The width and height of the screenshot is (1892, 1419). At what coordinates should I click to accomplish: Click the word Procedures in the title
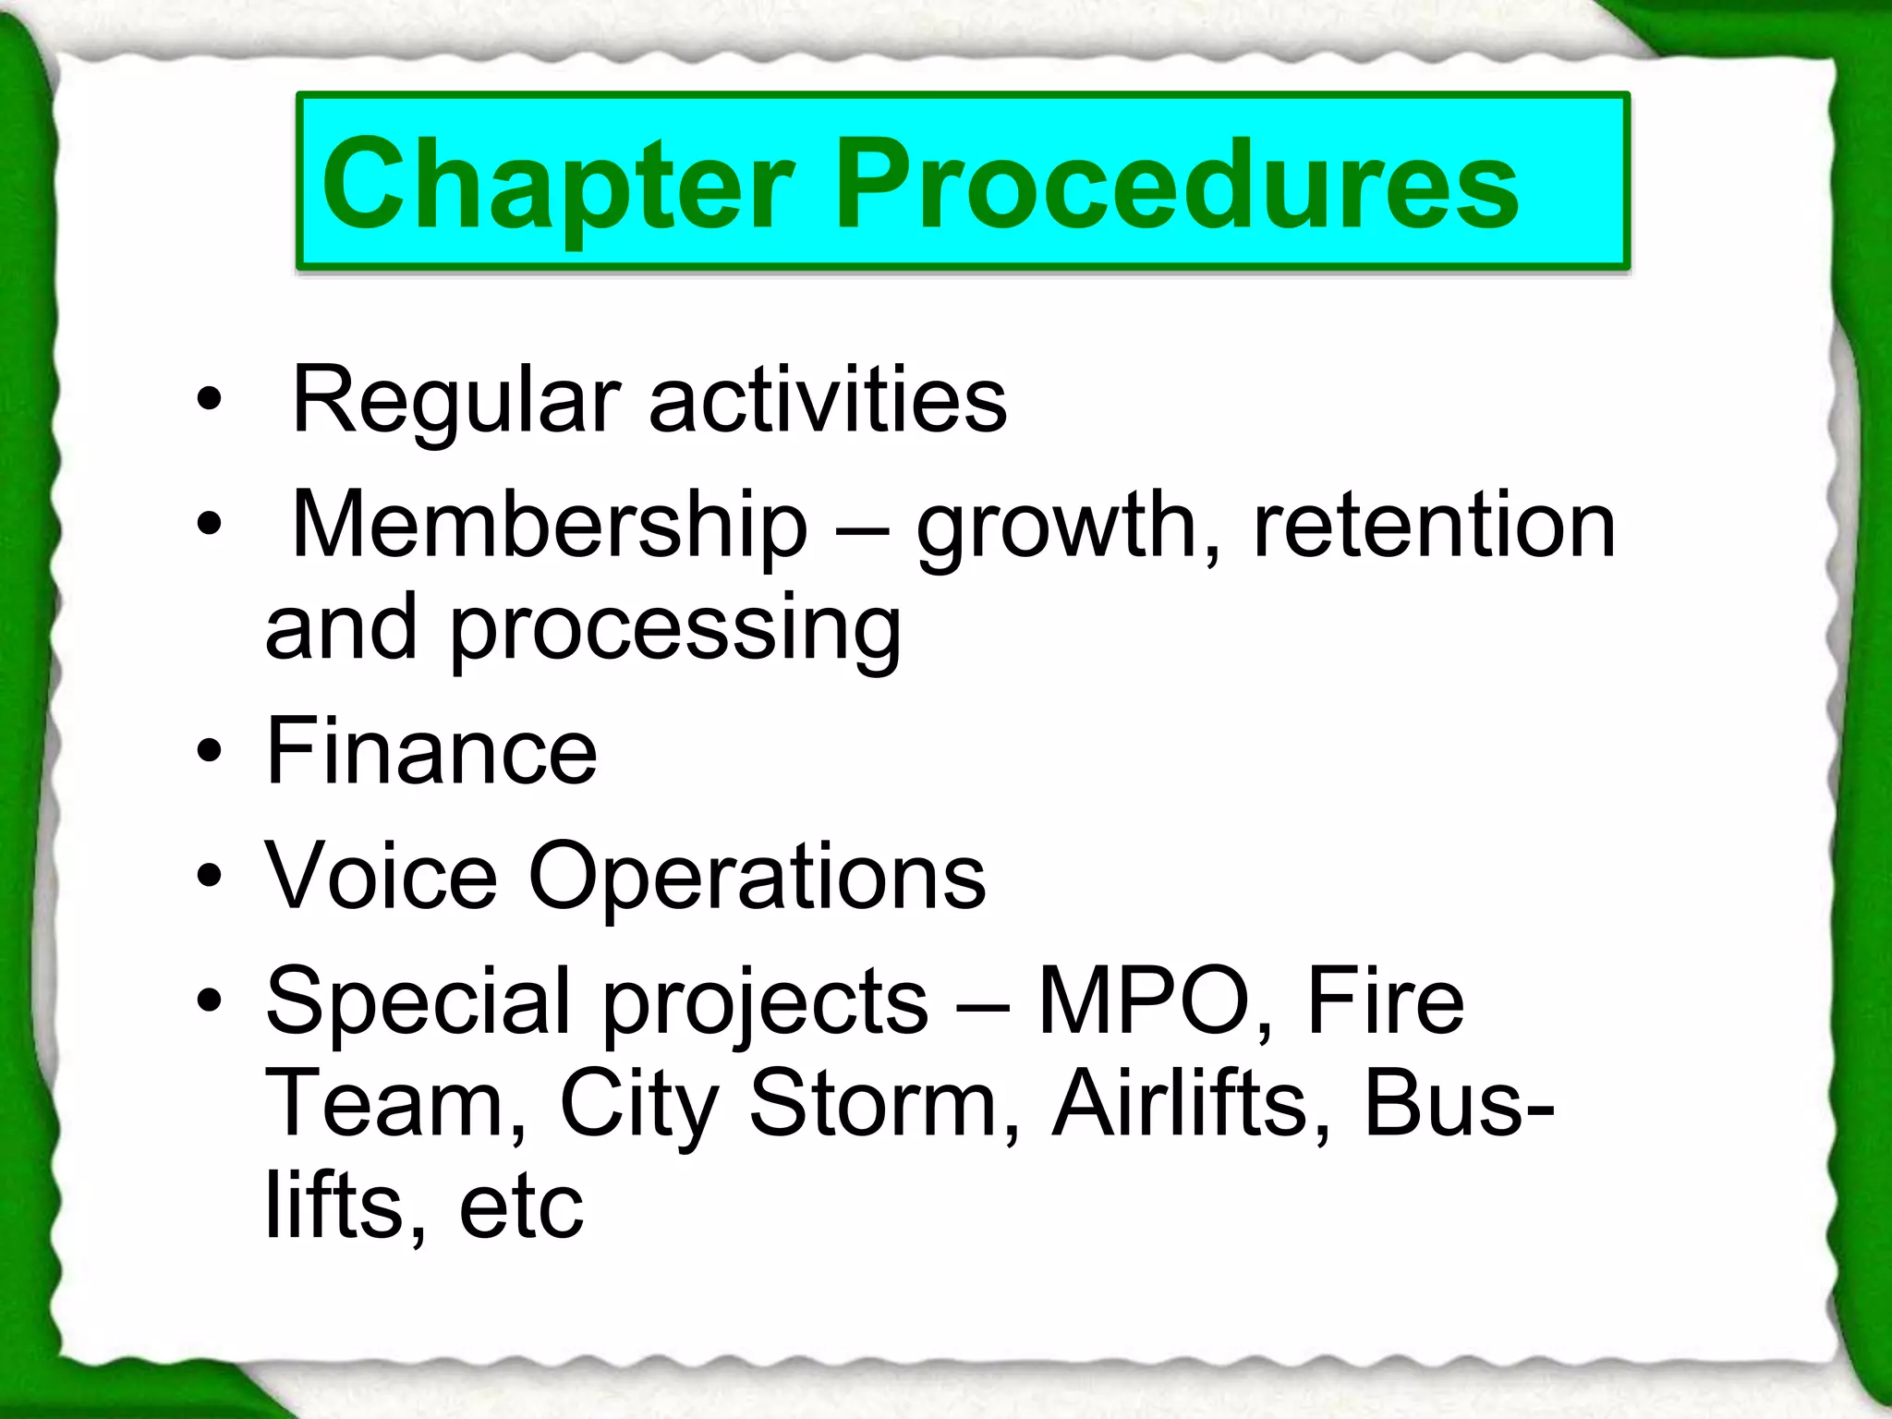1178,184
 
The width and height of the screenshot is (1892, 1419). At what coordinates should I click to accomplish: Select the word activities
828,400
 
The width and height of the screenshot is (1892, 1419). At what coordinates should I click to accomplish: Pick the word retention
1434,525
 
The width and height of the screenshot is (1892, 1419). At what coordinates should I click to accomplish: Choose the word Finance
431,751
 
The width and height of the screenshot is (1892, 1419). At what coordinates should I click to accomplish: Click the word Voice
382,875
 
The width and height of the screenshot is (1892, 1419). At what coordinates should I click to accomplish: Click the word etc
521,1207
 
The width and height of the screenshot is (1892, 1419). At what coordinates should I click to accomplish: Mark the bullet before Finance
210,752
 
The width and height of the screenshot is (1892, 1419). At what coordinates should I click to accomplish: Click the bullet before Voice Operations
210,876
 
